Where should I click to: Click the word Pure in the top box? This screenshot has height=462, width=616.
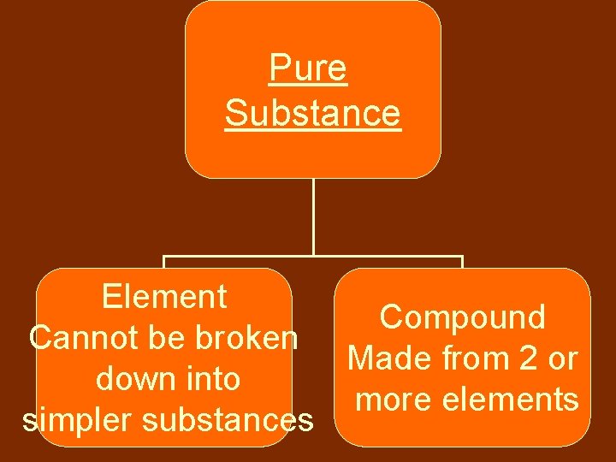pyautogui.click(x=308, y=68)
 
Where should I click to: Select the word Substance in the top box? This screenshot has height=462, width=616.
pyautogui.click(x=312, y=112)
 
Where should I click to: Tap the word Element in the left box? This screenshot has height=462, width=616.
pyautogui.click(x=164, y=297)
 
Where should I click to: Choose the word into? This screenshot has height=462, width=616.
pyautogui.click(x=210, y=379)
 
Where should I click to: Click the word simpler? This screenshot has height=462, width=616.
pyautogui.click(x=74, y=420)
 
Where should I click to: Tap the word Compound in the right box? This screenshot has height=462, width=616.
pyautogui.click(x=463, y=317)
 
